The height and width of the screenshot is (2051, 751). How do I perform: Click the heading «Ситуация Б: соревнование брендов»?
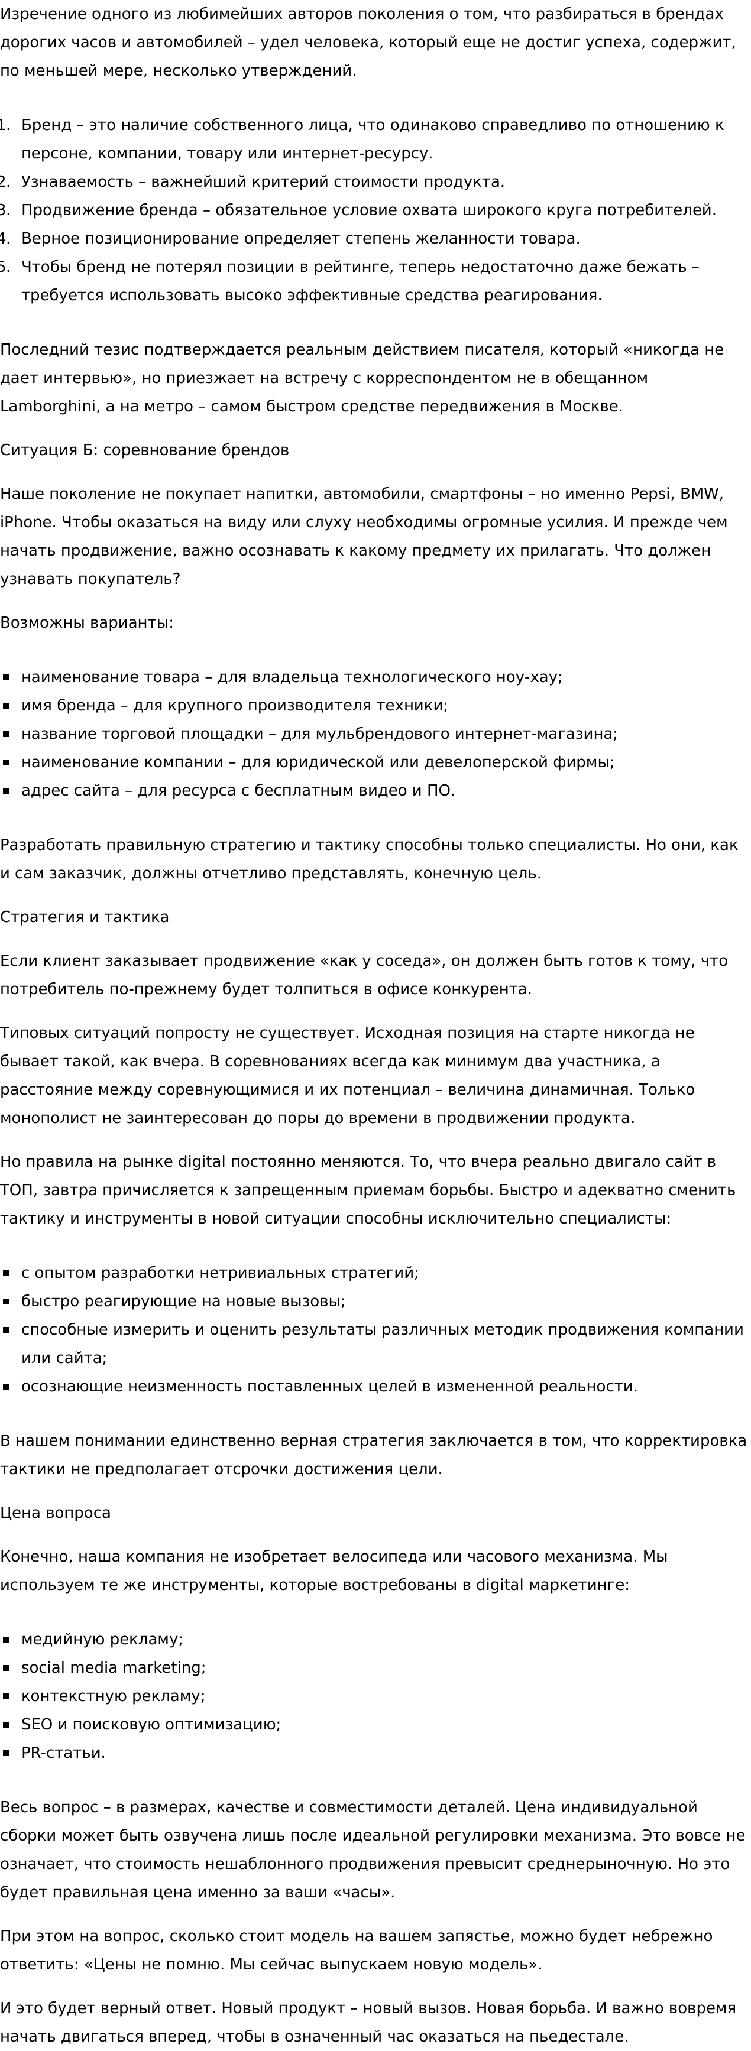144,450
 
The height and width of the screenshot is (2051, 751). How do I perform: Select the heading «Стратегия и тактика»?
85,916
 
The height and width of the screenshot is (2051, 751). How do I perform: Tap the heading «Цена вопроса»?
55,1512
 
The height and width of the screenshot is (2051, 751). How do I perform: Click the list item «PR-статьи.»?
63,1753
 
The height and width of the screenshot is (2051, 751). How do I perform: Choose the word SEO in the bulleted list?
37,1724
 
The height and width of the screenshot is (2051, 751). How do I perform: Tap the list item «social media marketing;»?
113,1667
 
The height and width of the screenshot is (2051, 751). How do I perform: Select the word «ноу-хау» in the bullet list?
530,677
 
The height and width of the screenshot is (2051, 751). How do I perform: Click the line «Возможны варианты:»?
86,622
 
